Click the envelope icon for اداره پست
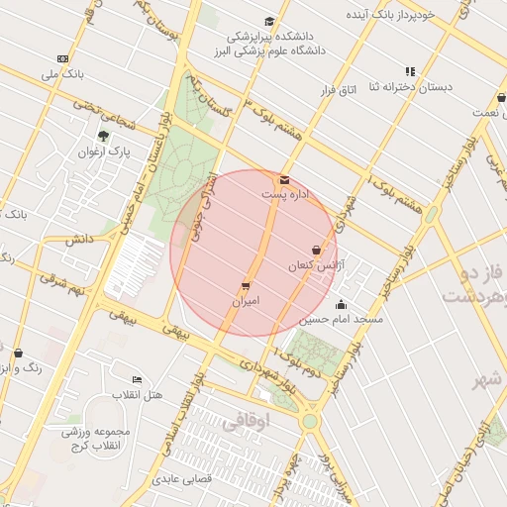click(285, 180)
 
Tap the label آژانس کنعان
click(313, 266)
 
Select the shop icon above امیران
click(246, 285)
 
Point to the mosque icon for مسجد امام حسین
click(342, 305)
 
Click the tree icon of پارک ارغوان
click(103, 137)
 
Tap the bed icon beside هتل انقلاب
click(137, 380)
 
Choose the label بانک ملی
click(63, 74)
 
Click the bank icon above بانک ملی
click(63, 59)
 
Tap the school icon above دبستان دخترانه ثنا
click(410, 71)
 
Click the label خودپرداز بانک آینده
click(390, 16)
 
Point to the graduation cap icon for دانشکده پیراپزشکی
click(269, 22)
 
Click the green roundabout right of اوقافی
click(312, 421)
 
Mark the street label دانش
click(79, 240)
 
